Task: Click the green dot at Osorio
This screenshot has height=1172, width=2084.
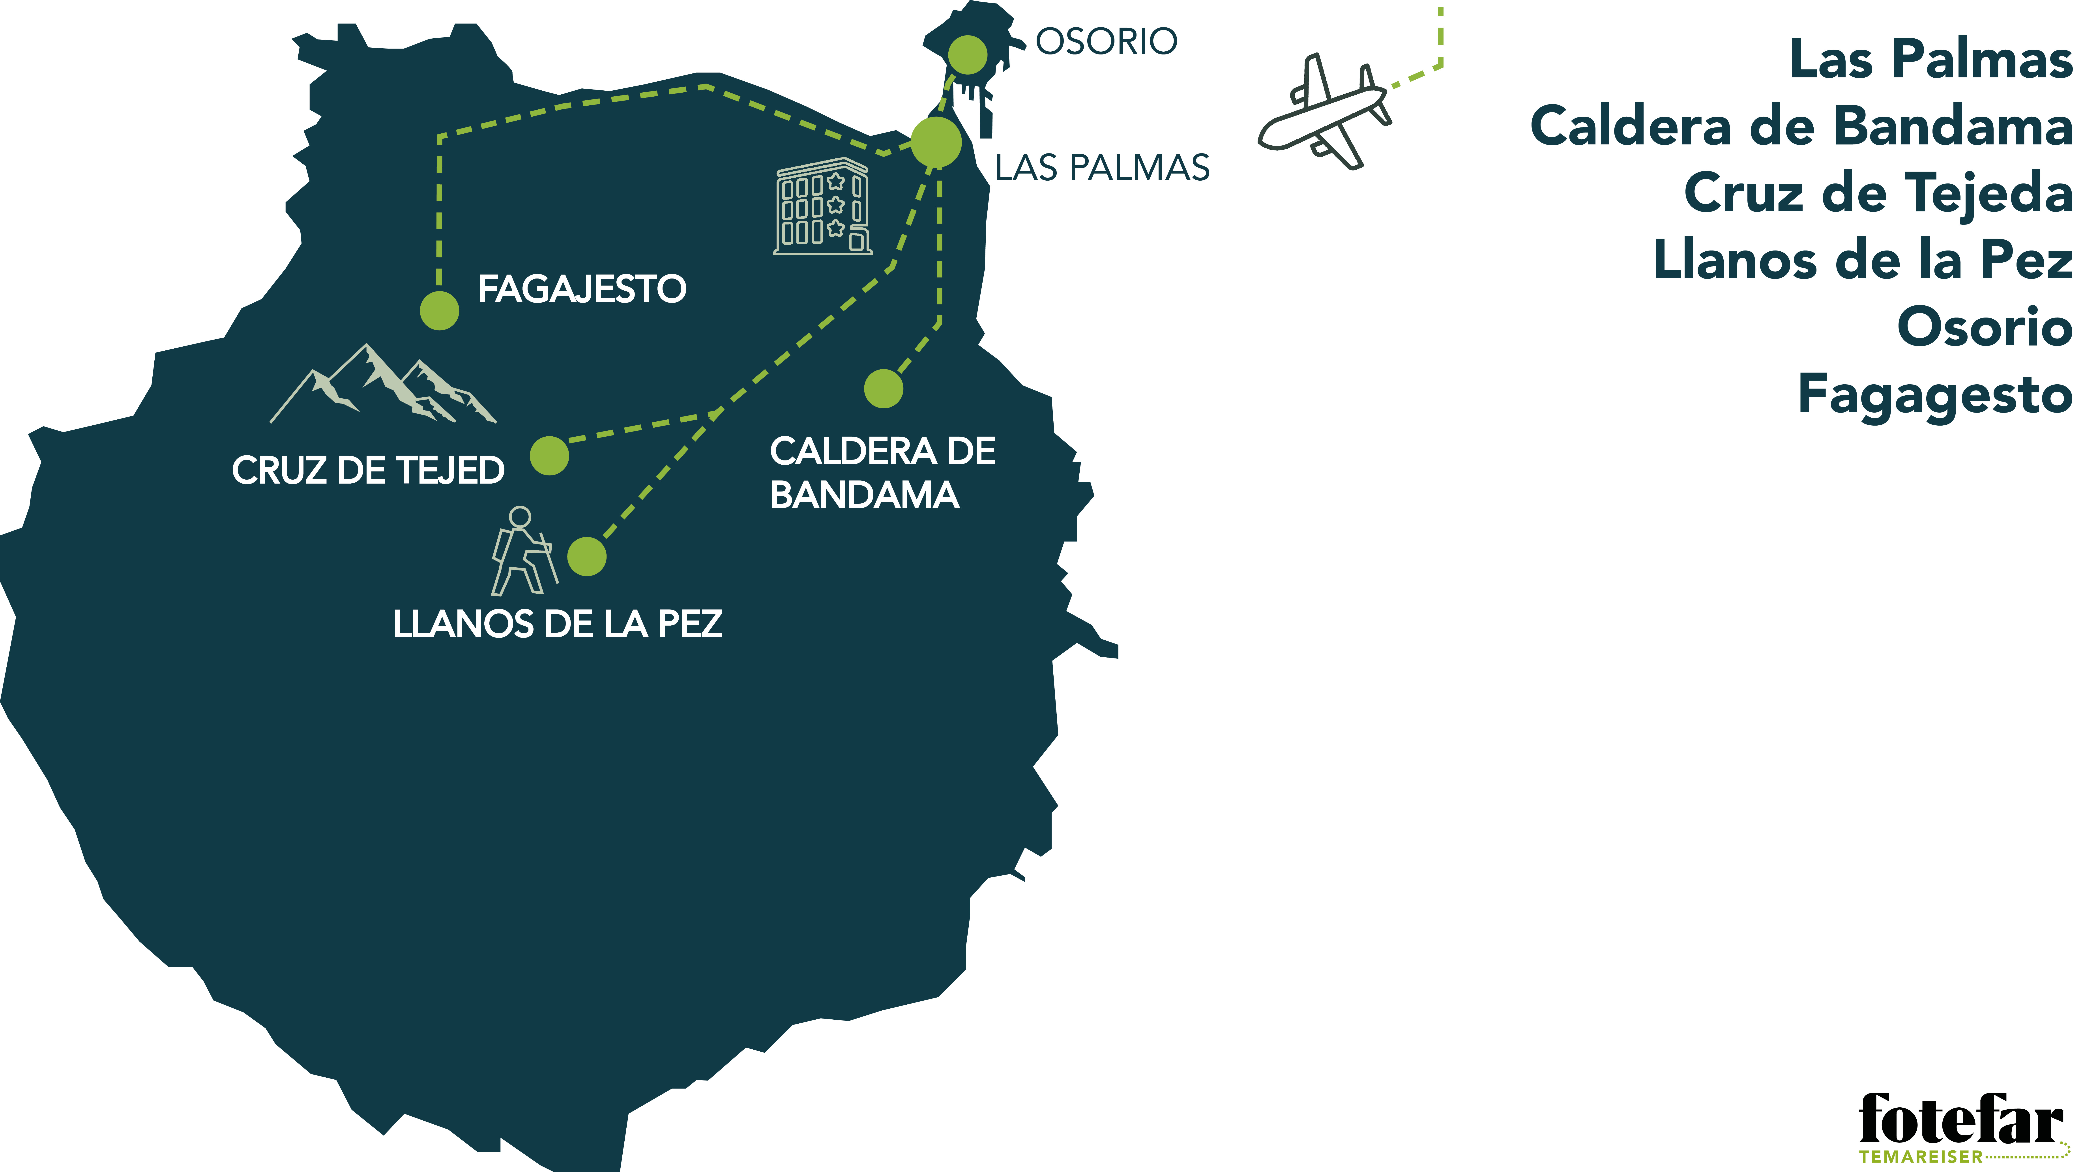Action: pyautogui.click(x=968, y=55)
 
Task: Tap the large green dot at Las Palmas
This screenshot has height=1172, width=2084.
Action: pyautogui.click(x=936, y=142)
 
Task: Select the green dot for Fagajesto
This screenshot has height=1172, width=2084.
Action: pyautogui.click(x=439, y=311)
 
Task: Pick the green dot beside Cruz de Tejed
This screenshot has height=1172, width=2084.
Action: pyautogui.click(x=549, y=455)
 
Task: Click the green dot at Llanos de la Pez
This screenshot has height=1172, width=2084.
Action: pyautogui.click(x=586, y=557)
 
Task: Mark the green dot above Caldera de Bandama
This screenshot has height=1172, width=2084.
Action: pyautogui.click(x=884, y=389)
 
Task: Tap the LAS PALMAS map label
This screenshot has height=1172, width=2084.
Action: pyautogui.click(x=1102, y=168)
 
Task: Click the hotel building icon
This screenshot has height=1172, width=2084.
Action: pyautogui.click(x=823, y=207)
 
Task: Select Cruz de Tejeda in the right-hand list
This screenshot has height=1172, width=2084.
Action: pyautogui.click(x=1878, y=194)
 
